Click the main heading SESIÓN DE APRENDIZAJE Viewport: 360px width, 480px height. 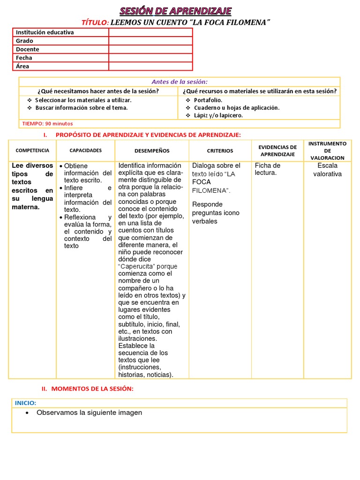tap(175, 11)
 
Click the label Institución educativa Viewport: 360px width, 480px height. tap(45, 32)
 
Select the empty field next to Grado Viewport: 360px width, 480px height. tap(150, 41)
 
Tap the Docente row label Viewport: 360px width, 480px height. tap(28, 49)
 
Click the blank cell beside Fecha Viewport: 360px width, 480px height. tap(150, 58)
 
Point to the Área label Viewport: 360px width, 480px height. tap(22, 66)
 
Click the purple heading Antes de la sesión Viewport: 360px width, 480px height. tap(180, 82)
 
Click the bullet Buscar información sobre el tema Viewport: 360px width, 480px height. tap(81, 107)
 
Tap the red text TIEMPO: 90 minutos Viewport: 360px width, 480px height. tap(47, 123)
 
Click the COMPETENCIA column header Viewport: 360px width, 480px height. tap(32, 150)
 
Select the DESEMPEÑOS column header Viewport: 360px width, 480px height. tap(152, 150)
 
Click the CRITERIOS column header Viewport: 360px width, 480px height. tap(220, 150)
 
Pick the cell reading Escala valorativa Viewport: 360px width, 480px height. tap(327, 170)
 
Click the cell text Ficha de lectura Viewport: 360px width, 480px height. tap(268, 169)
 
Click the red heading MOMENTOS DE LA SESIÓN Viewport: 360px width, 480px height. tap(92, 389)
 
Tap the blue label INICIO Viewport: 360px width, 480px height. tap(25, 403)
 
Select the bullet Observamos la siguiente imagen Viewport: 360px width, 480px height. tap(89, 412)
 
